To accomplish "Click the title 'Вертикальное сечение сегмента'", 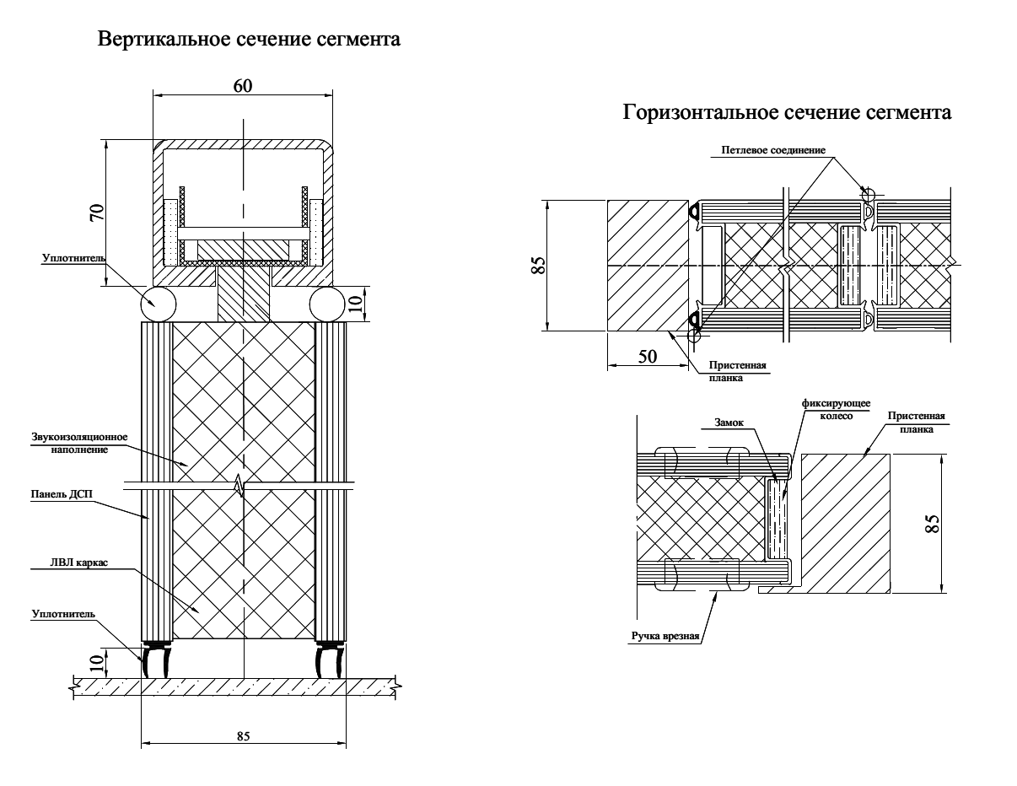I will [x=249, y=40].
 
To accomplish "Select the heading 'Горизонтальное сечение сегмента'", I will [x=787, y=112].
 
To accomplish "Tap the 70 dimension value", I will [x=98, y=213].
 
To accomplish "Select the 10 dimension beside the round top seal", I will [x=355, y=303].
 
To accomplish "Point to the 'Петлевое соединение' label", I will [x=773, y=151].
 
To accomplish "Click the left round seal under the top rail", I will [x=158, y=304].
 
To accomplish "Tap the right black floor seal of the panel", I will [x=327, y=659].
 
